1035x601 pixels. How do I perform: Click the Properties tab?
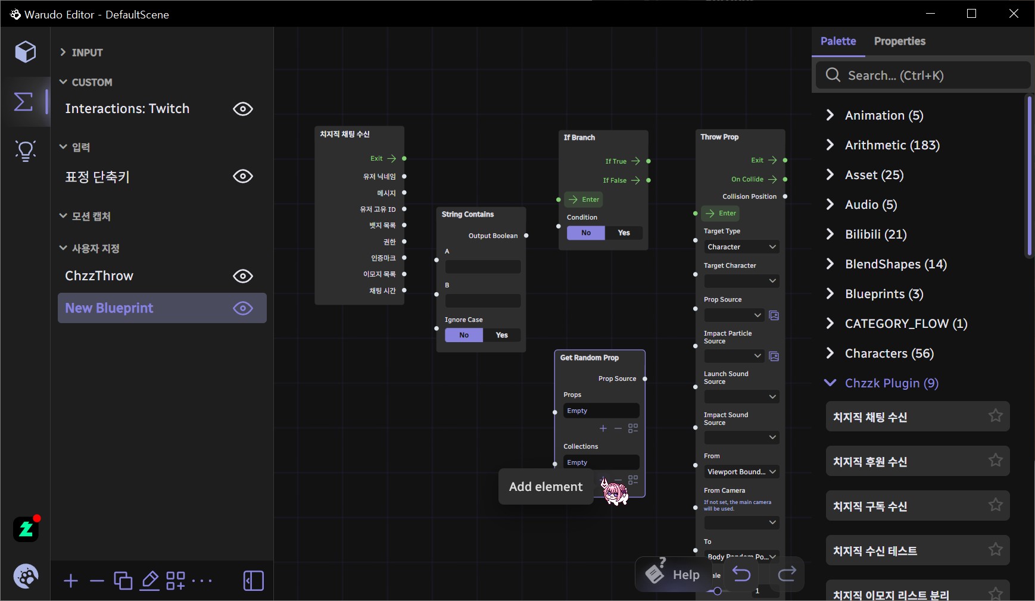click(899, 41)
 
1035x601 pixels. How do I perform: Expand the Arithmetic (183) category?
click(891, 145)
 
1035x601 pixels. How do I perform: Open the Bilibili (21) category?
click(875, 234)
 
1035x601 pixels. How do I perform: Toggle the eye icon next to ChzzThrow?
click(243, 276)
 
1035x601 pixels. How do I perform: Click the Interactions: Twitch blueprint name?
click(127, 109)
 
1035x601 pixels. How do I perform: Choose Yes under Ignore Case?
click(502, 335)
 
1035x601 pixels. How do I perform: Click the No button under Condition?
click(586, 233)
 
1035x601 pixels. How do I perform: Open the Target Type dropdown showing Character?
click(741, 247)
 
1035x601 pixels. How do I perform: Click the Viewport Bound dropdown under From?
click(741, 472)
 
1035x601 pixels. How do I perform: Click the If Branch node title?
click(579, 137)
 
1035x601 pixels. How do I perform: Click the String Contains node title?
click(468, 214)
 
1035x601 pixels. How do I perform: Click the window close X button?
click(1014, 14)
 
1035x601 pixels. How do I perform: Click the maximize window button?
click(972, 14)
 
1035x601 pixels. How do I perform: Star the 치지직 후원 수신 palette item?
click(995, 460)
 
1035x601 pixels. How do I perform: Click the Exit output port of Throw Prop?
click(785, 160)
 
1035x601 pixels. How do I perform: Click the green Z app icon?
click(26, 529)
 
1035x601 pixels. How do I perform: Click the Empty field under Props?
click(601, 411)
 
